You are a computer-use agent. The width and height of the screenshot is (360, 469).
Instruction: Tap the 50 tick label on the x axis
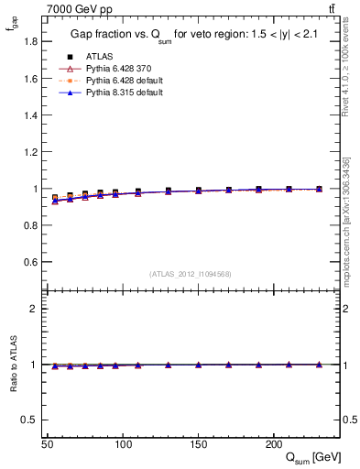tap(48, 445)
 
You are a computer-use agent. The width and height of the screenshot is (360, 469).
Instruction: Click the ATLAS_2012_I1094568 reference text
tap(191, 274)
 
